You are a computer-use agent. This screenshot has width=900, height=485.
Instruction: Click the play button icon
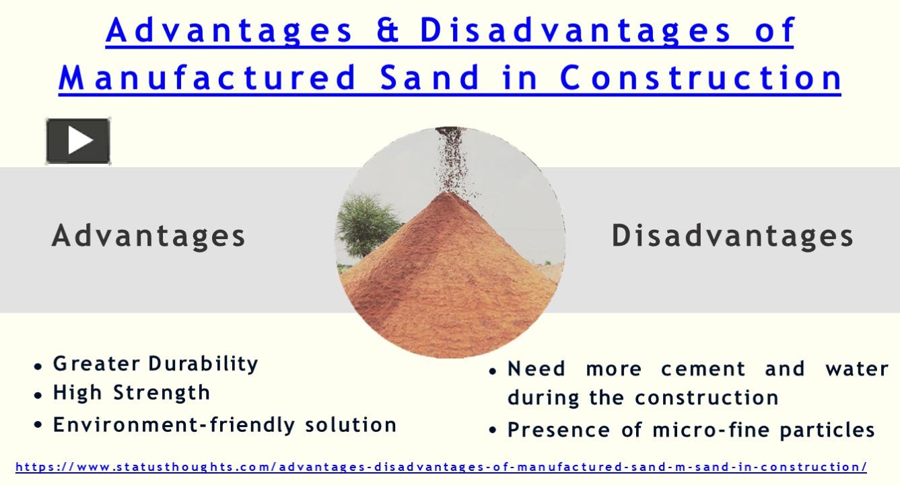[78, 141]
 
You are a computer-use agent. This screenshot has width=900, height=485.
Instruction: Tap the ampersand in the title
[388, 30]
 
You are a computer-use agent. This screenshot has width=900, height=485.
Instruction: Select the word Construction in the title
[701, 77]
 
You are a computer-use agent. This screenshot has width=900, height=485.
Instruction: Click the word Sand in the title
[430, 77]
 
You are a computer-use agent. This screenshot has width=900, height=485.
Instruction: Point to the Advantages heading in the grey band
[149, 236]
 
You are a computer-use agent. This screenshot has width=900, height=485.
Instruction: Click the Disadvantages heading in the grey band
[732, 236]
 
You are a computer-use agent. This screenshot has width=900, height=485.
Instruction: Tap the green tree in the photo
[366, 225]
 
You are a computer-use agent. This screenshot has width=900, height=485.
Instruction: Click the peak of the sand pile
[446, 193]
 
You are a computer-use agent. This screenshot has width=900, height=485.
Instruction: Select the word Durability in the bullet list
[203, 364]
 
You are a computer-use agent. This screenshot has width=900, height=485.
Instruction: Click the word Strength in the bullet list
[162, 393]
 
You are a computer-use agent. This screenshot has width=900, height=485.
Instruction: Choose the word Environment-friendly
[174, 424]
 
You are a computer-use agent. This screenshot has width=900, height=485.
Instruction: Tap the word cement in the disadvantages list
[703, 368]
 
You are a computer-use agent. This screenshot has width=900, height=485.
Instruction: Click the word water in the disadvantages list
[857, 368]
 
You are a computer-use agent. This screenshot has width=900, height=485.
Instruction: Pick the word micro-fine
[711, 430]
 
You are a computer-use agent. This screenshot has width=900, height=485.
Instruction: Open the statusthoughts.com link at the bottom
[441, 467]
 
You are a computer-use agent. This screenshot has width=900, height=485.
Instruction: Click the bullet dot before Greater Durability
[38, 366]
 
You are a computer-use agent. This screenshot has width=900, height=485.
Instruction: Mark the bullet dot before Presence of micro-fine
[493, 430]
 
